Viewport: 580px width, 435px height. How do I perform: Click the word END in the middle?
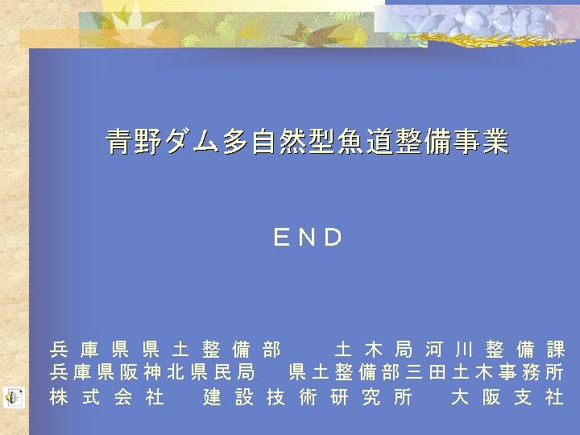pos(308,237)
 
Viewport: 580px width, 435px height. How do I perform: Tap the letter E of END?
pos(281,237)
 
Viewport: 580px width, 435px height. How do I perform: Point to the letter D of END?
pos(333,237)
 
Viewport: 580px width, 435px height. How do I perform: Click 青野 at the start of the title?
pos(134,141)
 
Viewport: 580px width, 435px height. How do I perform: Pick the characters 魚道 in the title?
pos(366,141)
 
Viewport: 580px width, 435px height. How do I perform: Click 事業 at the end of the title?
pos(481,141)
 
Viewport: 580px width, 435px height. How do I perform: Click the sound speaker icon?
pos(14,398)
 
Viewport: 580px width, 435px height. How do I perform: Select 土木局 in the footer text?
pos(374,350)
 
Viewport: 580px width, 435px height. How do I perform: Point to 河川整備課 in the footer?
pos(495,350)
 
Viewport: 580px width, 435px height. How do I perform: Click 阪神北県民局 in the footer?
pos(188,372)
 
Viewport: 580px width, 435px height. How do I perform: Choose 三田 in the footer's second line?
pos(426,372)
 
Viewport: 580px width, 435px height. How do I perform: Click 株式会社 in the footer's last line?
pos(106,398)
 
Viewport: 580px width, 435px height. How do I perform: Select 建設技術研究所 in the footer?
pos(308,398)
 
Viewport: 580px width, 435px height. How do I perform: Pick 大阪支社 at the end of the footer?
pos(507,398)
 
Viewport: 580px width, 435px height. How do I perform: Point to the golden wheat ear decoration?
pos(492,39)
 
